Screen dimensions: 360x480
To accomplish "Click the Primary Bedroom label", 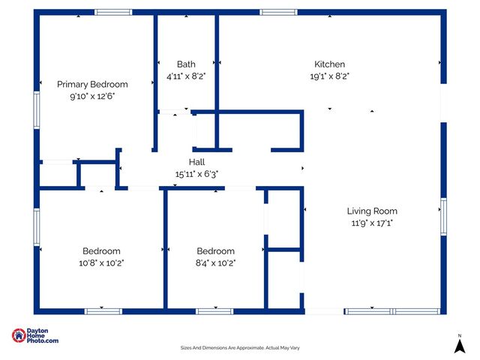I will pos(92,84).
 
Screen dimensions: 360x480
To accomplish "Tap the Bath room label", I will pos(186,64).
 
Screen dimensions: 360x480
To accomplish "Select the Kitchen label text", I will pos(329,64).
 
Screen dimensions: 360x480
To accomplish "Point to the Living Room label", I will pos(372,211).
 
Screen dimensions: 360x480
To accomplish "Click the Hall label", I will pos(196,162).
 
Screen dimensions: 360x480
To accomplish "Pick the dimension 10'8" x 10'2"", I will pos(101,262).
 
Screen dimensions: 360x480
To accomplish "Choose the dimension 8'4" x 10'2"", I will pos(215,262).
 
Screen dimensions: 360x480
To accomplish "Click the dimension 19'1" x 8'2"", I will pos(329,76).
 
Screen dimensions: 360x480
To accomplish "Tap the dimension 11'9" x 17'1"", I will pos(372,223).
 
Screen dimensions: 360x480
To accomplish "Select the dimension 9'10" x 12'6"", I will pos(92,96).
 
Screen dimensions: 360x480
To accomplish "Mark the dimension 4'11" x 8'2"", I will pos(186,76).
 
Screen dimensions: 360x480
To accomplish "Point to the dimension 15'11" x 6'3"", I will pos(196,174).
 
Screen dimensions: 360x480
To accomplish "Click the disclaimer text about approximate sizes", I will pos(240,347).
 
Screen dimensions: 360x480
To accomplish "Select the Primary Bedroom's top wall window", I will pos(113,12).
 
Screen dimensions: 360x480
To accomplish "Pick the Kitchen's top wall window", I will pos(278,12).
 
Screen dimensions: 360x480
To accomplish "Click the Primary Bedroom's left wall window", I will pos(36,110).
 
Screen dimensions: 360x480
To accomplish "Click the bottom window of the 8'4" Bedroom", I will pos(214,310).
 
